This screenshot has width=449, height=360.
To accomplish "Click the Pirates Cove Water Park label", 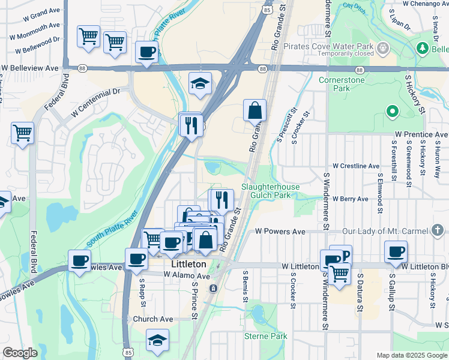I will click(330, 46).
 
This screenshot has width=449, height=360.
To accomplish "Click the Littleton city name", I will click(189, 264).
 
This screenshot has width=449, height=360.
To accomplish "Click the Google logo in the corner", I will click(20, 353).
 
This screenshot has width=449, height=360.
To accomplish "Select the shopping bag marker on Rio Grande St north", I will click(255, 110).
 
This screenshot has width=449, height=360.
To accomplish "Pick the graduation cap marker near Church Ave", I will click(157, 340).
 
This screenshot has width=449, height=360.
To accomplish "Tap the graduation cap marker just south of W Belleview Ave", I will click(200, 83).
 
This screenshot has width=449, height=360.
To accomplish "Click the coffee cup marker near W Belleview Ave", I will click(146, 52).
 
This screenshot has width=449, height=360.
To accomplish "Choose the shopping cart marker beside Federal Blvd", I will click(22, 133).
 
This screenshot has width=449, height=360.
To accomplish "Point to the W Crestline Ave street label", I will click(356, 166).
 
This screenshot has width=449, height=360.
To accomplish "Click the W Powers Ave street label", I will click(280, 231).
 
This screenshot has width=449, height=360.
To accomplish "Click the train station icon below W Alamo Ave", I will click(212, 289).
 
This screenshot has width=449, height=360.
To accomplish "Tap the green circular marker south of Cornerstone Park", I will click(393, 111).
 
